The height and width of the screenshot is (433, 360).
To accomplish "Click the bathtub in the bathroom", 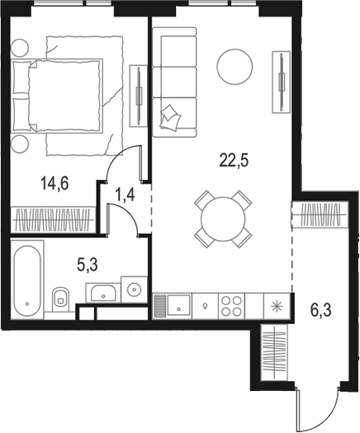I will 29,280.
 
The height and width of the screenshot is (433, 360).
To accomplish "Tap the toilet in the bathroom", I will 60,299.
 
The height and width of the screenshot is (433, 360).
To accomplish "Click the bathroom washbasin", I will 103,290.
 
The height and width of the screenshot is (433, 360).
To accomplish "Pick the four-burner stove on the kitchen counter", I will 230,305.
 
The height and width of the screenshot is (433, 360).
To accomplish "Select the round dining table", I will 221,218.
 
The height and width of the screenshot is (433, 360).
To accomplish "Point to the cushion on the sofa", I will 170,116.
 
